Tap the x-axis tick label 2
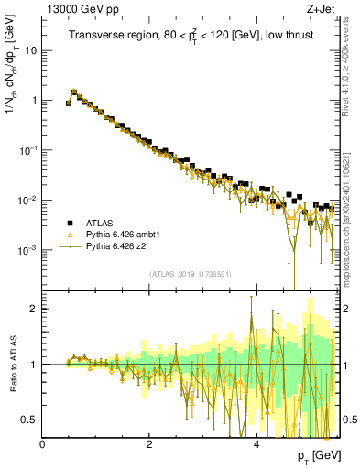tap(149, 443)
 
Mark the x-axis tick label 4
tap(256, 443)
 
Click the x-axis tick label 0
tap(43, 443)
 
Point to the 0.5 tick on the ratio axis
tap(31, 420)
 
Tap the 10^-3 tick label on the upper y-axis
tap(27, 249)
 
